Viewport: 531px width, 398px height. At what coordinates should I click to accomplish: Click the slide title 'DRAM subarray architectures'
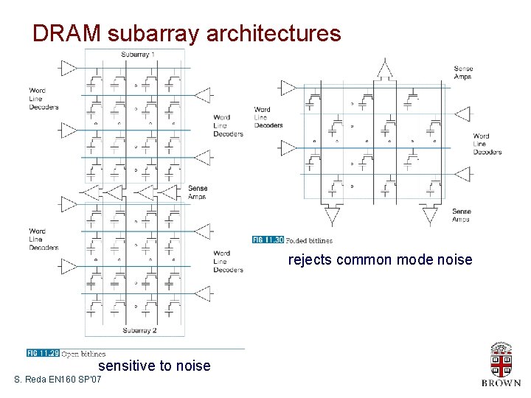click(187, 33)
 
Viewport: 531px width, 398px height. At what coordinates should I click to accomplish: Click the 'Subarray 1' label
click(138, 55)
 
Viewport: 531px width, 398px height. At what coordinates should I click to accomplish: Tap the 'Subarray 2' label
click(139, 330)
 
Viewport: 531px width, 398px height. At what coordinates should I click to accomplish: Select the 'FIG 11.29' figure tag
click(42, 354)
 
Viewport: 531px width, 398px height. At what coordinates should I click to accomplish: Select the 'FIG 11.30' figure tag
click(268, 240)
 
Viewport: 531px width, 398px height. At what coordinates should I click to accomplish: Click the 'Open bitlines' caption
click(83, 355)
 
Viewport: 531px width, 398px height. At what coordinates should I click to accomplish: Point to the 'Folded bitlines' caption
click(309, 241)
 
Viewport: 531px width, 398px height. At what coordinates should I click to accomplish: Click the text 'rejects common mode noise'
click(380, 259)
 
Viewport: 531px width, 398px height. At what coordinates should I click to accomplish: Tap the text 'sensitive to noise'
click(154, 366)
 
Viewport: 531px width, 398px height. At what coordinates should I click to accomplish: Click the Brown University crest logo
click(501, 360)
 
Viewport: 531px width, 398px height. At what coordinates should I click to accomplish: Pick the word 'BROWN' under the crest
click(501, 383)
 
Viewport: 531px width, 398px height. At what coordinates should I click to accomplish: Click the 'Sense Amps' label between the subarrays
click(198, 192)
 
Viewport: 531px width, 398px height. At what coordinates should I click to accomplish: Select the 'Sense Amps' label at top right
click(463, 72)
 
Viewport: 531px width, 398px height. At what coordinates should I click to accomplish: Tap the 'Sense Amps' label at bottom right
click(462, 215)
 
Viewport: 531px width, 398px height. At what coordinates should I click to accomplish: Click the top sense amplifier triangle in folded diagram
click(383, 70)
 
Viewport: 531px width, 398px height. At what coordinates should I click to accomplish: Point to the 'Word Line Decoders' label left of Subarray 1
click(44, 99)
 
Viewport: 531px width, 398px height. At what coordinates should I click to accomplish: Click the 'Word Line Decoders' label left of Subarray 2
click(44, 239)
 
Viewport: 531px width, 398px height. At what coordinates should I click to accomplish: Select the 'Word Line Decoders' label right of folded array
click(487, 144)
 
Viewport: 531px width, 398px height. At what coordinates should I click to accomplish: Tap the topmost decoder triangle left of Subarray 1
click(68, 69)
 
